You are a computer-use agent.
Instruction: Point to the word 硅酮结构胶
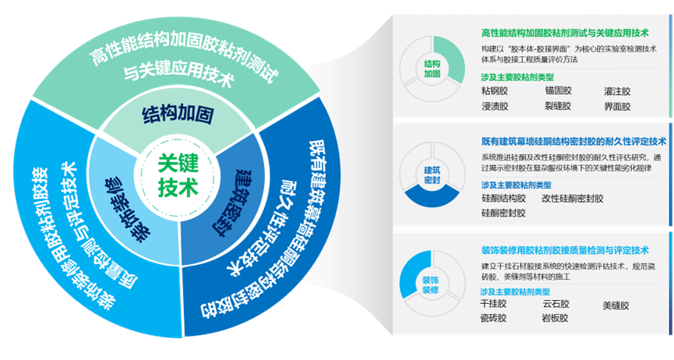(504, 199)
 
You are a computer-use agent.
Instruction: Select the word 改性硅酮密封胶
(573, 199)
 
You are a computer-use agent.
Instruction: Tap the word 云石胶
(556, 305)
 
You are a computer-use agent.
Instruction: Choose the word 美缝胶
(616, 305)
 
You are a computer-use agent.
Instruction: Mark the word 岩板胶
(556, 318)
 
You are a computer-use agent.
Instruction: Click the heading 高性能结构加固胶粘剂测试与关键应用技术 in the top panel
(565, 34)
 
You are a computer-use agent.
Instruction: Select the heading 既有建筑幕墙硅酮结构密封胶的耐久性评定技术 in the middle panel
(573, 142)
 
